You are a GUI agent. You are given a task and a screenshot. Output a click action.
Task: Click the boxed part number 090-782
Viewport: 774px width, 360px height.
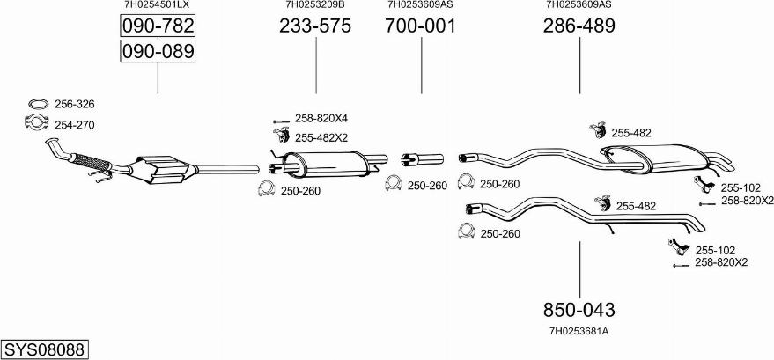click(158, 26)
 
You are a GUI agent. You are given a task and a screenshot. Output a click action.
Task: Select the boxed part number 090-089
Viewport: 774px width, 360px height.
click(158, 51)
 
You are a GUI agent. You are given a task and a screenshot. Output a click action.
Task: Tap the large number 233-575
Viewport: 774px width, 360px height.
click(315, 26)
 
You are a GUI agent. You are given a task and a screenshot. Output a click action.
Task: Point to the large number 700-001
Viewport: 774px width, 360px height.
click(421, 26)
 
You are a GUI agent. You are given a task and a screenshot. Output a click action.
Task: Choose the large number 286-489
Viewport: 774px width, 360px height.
click(579, 26)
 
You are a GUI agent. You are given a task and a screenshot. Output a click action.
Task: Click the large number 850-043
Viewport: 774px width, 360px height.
click(579, 310)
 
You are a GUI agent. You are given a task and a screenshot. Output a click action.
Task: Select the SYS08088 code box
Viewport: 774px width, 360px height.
click(44, 349)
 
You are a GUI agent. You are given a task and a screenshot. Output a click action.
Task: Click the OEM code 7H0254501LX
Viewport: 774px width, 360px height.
click(157, 4)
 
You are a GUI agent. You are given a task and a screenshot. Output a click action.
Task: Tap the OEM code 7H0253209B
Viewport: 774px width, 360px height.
click(315, 4)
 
